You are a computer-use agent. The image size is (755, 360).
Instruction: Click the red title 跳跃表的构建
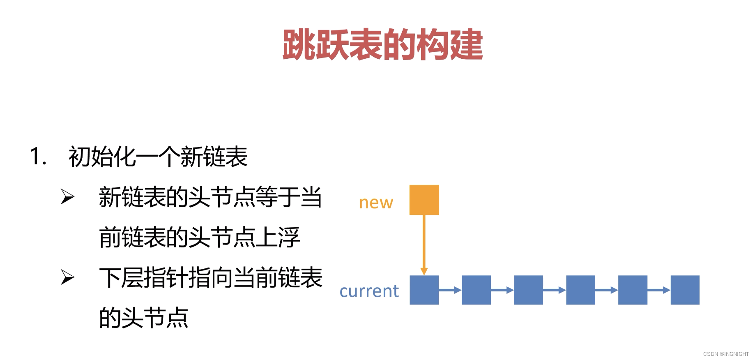382,45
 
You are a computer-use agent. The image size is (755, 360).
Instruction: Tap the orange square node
424,200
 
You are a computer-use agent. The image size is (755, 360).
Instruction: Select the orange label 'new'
376,203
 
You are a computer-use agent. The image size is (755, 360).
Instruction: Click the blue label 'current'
369,291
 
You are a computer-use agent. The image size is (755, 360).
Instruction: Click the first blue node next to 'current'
424,290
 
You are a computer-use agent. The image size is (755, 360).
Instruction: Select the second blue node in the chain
476,290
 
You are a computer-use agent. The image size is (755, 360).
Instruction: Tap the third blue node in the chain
528,290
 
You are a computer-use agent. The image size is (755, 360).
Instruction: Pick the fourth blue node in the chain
580,290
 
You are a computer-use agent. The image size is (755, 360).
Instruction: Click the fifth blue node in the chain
633,290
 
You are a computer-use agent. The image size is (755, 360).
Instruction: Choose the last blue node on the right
685,290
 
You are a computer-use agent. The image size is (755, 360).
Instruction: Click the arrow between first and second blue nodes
450,290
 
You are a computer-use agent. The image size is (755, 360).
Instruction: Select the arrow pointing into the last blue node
659,290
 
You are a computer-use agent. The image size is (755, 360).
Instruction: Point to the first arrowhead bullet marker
67,196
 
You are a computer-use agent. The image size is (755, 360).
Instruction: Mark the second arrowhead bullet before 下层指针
67,277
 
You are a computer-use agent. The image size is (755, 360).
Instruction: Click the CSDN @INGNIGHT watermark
725,354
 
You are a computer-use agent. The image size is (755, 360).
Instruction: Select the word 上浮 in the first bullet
278,238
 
